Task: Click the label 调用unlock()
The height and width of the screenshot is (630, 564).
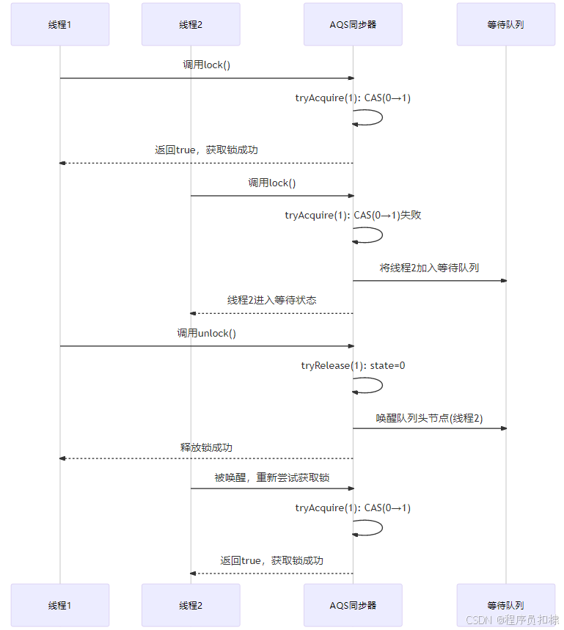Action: pyautogui.click(x=206, y=333)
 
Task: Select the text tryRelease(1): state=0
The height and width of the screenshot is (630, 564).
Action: pyautogui.click(x=353, y=365)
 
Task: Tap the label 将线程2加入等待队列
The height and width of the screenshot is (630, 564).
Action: pyautogui.click(x=429, y=268)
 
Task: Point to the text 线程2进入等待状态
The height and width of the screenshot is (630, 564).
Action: pyautogui.click(x=271, y=300)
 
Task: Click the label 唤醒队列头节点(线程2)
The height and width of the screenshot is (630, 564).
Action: pyautogui.click(x=429, y=418)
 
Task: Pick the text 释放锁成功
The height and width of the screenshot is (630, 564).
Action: pyautogui.click(x=206, y=447)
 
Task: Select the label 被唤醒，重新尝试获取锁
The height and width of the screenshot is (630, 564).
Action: pyautogui.click(x=271, y=477)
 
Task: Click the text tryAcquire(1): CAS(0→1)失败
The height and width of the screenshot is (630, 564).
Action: pyautogui.click(x=353, y=216)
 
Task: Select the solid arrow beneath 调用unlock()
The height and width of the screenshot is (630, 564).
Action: pyautogui.click(x=206, y=346)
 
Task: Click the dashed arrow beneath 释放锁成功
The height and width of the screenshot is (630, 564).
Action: pyautogui.click(x=206, y=458)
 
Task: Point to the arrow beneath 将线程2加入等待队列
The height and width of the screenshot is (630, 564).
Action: pyautogui.click(x=429, y=280)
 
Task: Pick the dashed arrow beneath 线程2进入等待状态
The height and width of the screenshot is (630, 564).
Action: pyautogui.click(x=271, y=313)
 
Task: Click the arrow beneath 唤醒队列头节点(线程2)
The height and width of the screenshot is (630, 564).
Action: pyautogui.click(x=429, y=428)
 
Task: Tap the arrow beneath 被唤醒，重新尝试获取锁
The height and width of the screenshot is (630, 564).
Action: pyautogui.click(x=271, y=488)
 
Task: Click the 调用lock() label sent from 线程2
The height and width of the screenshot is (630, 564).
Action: pyautogui.click(x=271, y=183)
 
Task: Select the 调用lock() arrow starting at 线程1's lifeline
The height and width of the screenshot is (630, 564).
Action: pyautogui.click(x=206, y=78)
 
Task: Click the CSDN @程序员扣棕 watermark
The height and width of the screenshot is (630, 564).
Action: pyautogui.click(x=512, y=620)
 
